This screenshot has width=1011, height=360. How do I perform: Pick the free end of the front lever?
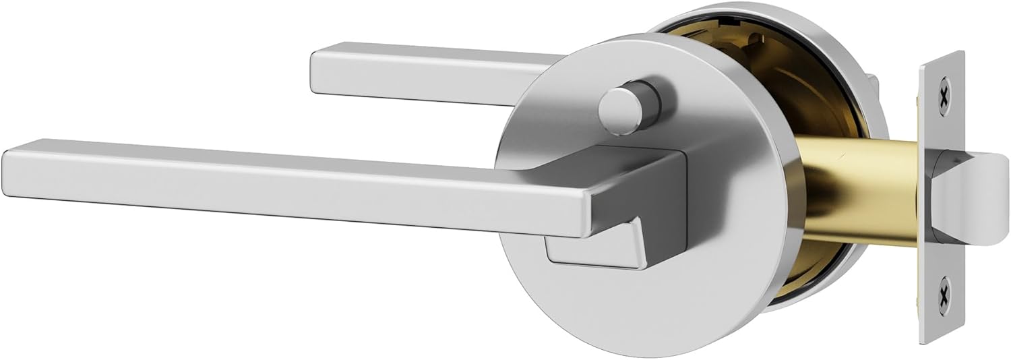17,172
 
